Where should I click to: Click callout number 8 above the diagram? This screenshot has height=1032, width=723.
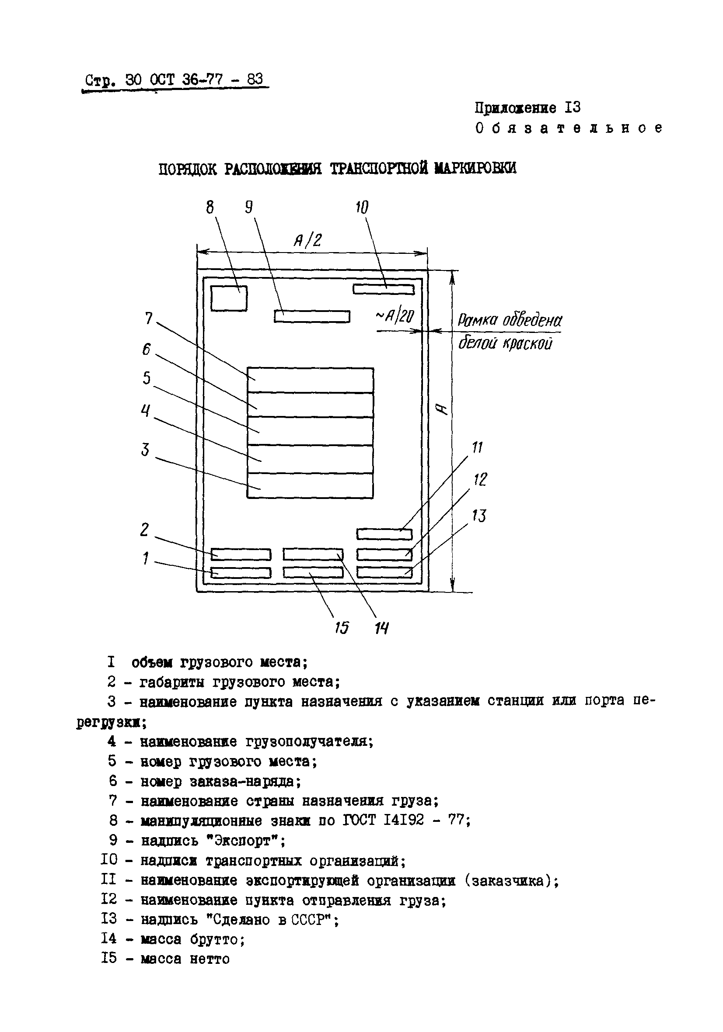[210, 208]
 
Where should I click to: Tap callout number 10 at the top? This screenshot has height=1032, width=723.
[362, 208]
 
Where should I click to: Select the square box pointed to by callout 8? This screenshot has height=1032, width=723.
[229, 298]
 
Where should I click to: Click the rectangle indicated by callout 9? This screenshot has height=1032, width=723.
[312, 316]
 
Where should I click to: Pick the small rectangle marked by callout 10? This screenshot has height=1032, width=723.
[383, 290]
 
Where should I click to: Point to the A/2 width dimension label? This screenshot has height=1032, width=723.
[308, 241]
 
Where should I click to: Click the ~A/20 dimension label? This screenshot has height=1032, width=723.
[395, 317]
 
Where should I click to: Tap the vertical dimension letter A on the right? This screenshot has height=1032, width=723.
[443, 409]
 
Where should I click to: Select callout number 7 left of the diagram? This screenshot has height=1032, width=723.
[149, 319]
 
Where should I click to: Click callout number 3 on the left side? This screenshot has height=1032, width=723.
[145, 450]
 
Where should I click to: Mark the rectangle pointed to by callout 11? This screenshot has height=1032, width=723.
[384, 534]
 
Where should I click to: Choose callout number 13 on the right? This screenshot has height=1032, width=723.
[479, 516]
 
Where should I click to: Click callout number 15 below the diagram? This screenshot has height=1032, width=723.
[342, 627]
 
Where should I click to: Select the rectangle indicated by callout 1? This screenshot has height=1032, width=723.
[241, 573]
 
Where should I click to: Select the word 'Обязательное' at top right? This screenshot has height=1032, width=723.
[569, 128]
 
